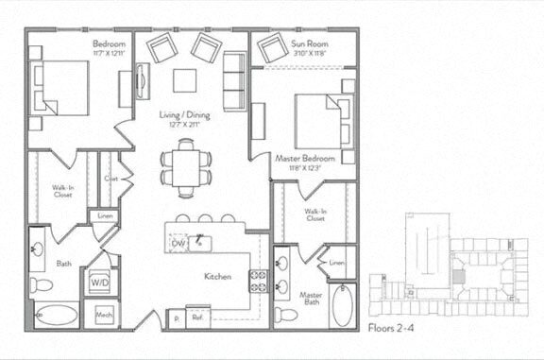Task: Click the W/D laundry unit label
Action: click(99, 282)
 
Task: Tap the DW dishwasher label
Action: click(178, 243)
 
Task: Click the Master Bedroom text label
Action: click(304, 159)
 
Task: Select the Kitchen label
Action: click(220, 277)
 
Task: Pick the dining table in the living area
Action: click(185, 168)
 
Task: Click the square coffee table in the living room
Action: click(185, 78)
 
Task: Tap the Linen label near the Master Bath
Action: click(337, 262)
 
